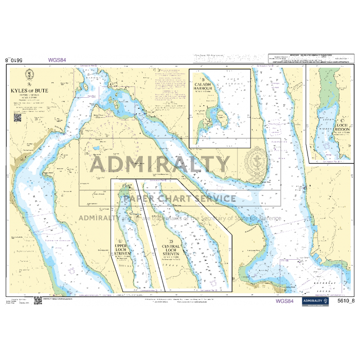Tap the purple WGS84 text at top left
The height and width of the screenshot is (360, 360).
(57, 60)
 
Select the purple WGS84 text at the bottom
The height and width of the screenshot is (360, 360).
(284, 301)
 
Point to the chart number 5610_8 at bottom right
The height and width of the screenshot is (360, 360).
(346, 301)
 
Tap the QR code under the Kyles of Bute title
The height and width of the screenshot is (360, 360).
(17, 117)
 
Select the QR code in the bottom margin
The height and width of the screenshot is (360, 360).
(38, 300)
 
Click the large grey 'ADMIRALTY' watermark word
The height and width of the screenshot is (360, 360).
(159, 165)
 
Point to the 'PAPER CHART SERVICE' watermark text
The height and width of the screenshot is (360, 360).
(179, 199)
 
